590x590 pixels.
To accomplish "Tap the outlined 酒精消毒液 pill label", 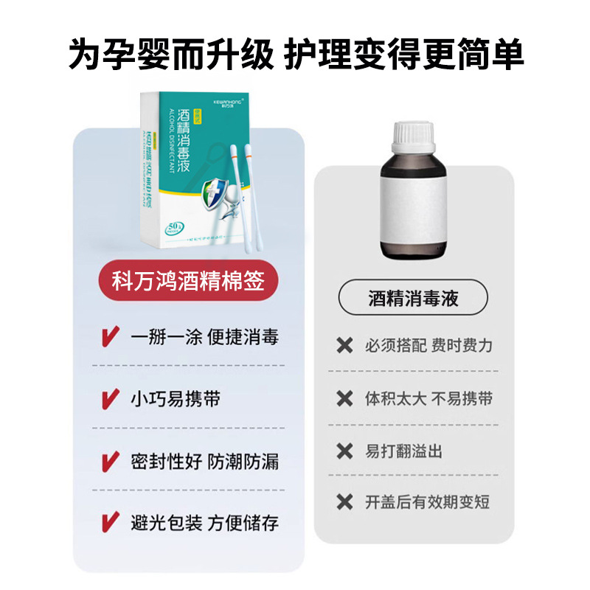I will point(413,299).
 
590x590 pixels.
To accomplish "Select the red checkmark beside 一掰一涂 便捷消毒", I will point(109,338).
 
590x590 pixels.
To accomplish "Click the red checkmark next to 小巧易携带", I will point(109,400).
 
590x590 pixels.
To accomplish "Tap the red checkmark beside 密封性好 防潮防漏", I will point(109,462).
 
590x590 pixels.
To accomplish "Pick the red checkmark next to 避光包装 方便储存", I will point(109,524).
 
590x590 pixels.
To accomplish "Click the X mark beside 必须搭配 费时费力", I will point(344,345).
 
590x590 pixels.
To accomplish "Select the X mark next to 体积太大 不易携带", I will point(344,398).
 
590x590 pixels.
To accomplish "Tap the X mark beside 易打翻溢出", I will point(344,451).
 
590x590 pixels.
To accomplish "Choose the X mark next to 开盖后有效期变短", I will point(344,503).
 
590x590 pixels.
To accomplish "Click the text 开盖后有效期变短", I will point(428,503).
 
